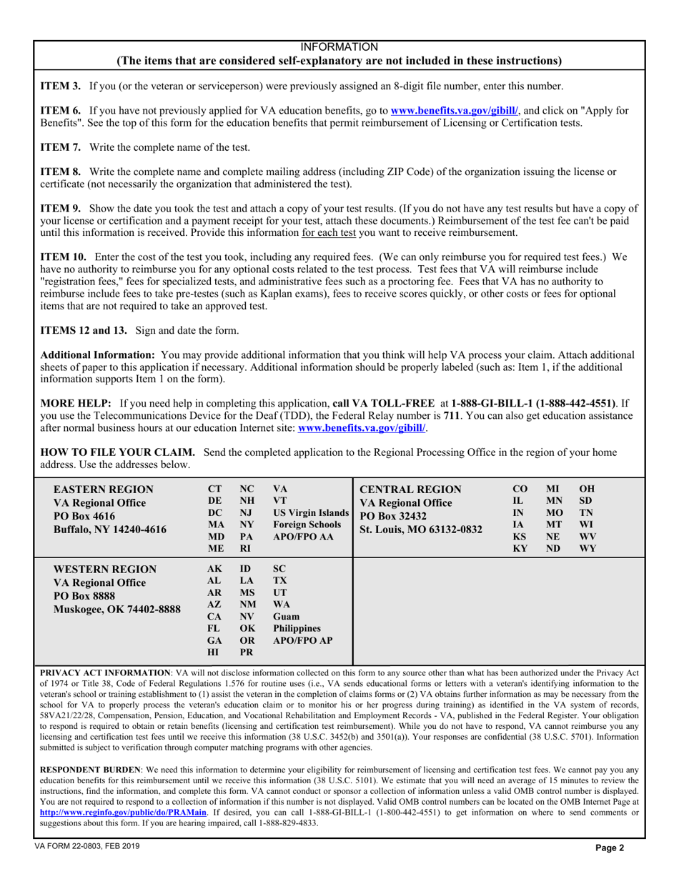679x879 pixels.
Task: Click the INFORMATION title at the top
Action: [339, 46]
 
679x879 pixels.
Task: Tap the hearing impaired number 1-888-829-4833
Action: [289, 823]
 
